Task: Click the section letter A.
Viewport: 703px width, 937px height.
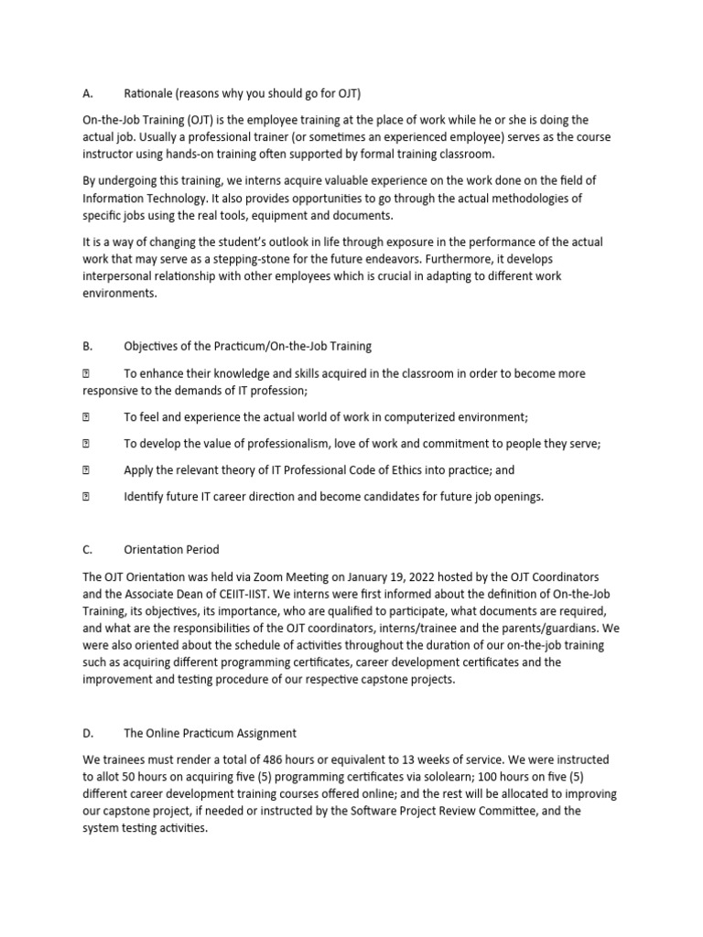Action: pyautogui.click(x=87, y=93)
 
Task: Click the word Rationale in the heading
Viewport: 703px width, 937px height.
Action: pyautogui.click(x=152, y=93)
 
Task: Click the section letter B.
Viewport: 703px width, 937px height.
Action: pyautogui.click(x=87, y=346)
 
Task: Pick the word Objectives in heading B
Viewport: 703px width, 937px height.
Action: pyautogui.click(x=156, y=346)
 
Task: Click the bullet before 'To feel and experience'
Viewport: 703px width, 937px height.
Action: pyautogui.click(x=87, y=417)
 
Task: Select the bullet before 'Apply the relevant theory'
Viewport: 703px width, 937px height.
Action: pyautogui.click(x=87, y=470)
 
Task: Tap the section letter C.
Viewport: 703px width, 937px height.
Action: pyautogui.click(x=87, y=550)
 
